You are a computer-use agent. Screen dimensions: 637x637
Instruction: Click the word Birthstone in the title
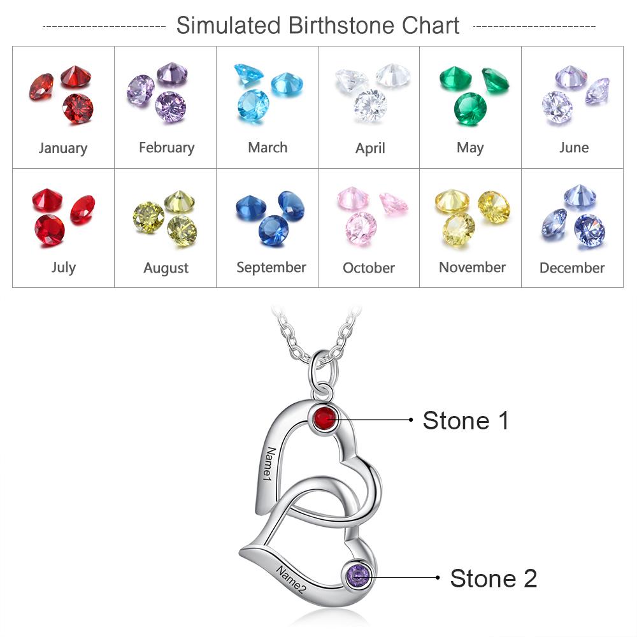point(341,25)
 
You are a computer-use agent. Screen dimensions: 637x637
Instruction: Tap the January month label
point(63,148)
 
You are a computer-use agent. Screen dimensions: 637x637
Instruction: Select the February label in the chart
point(166,148)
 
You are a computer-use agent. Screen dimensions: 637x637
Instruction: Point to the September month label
point(271,268)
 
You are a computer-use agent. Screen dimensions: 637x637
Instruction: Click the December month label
point(572,268)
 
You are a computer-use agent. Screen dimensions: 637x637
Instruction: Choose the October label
point(368,268)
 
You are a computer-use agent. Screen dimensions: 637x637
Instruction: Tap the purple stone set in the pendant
point(358,576)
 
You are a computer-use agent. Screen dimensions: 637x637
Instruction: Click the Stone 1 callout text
point(466,420)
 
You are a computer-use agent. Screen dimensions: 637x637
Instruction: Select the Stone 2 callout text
point(493,578)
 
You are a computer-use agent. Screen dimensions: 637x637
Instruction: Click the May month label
point(470,148)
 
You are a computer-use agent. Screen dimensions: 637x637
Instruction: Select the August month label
point(166,268)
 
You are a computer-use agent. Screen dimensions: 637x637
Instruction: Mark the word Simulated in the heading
point(228,25)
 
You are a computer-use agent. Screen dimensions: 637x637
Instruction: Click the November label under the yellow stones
point(472,268)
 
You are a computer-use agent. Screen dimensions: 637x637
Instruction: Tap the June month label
point(574,148)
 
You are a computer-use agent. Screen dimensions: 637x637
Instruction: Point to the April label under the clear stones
point(370,148)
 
